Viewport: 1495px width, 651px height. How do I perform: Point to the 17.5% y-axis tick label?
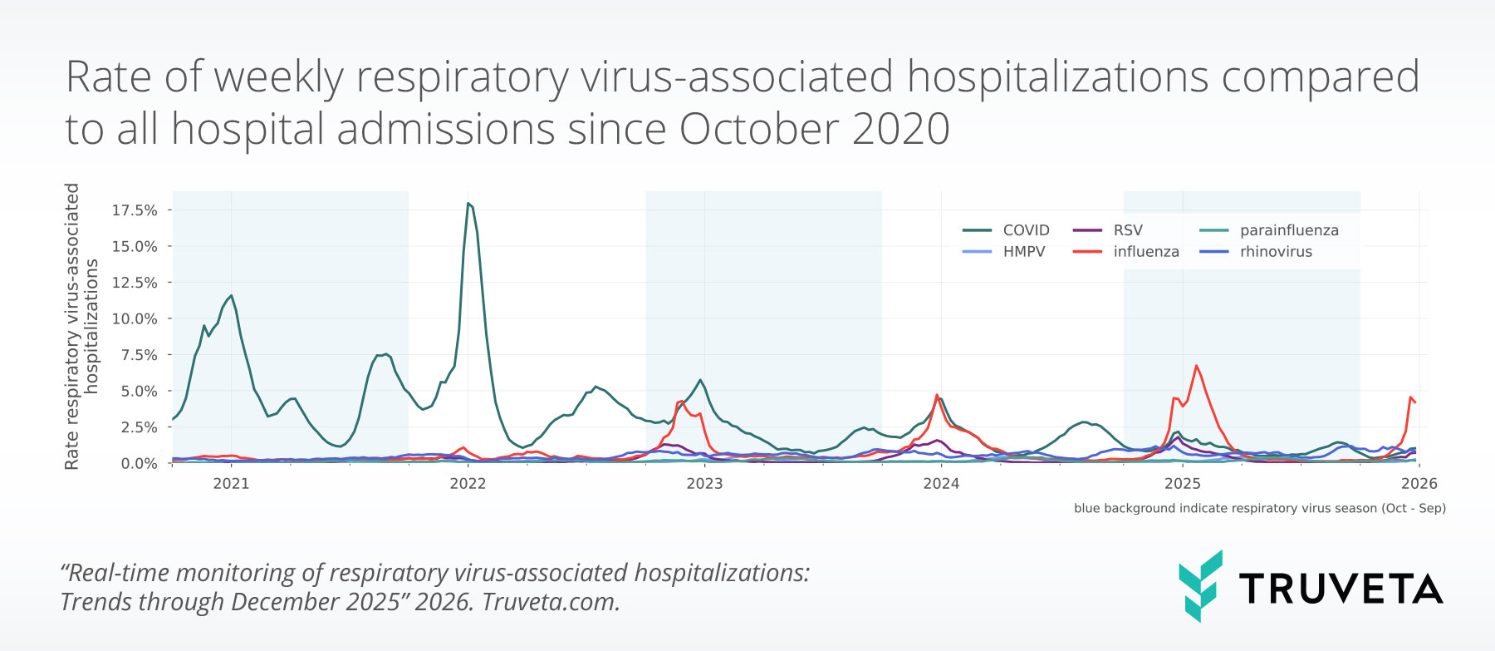[135, 210]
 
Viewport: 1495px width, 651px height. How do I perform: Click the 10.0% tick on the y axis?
[135, 318]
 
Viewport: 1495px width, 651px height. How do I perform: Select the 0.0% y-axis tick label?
[139, 463]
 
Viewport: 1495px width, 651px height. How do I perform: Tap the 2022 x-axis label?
[468, 484]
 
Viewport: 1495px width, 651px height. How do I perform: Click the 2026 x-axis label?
[1419, 484]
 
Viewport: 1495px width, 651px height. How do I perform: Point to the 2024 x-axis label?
[941, 484]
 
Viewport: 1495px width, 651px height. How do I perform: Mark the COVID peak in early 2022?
[468, 204]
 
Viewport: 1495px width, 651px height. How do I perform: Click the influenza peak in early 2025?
[1196, 366]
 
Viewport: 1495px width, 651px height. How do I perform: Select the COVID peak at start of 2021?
[231, 296]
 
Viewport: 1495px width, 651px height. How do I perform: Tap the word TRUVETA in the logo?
[1341, 589]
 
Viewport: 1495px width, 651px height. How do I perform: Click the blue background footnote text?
[1259, 508]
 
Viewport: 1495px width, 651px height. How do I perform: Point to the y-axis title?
[81, 326]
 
